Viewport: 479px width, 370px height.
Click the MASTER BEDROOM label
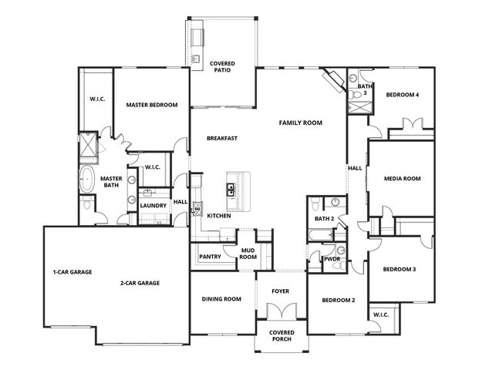tap(152, 106)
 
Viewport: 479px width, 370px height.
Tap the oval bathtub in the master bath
tap(87, 181)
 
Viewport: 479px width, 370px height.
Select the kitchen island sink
tap(230, 187)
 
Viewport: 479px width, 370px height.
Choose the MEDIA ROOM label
tap(402, 178)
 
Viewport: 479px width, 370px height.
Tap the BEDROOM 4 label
tap(402, 95)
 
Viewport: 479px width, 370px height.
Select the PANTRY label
tap(210, 257)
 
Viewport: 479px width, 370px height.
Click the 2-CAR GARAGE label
tap(140, 283)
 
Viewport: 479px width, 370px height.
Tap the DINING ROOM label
tap(221, 299)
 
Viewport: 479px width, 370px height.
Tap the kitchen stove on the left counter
tap(197, 207)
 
